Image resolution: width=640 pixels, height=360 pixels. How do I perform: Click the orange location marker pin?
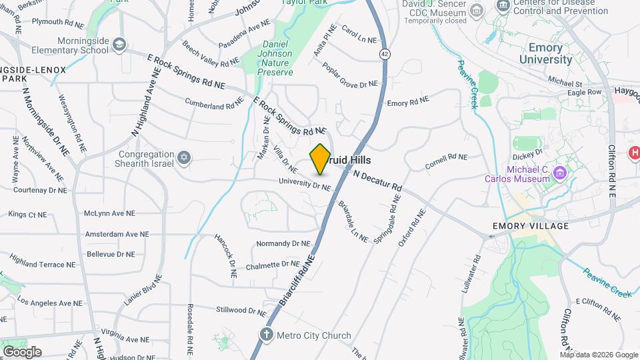pos(320,159)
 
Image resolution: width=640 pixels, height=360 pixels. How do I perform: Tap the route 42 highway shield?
pos(385,53)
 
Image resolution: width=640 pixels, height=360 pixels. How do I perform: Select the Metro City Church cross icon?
pos(266,334)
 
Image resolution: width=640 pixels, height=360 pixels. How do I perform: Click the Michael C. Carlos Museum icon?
pos(560,174)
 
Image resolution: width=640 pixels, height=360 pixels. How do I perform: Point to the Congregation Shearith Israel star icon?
pos(184,158)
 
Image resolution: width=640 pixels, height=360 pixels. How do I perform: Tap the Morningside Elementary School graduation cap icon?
pos(119,45)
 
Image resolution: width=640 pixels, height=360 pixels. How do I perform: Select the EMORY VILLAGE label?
pos(531,226)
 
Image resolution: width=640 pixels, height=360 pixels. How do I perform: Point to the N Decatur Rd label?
pos(377,181)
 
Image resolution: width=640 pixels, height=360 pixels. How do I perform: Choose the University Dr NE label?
pos(305,185)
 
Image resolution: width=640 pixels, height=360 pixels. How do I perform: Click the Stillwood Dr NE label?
pos(245,309)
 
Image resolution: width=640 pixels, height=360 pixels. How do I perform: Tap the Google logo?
pos(22,352)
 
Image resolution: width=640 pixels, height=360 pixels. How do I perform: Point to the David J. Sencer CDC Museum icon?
pos(477,10)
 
